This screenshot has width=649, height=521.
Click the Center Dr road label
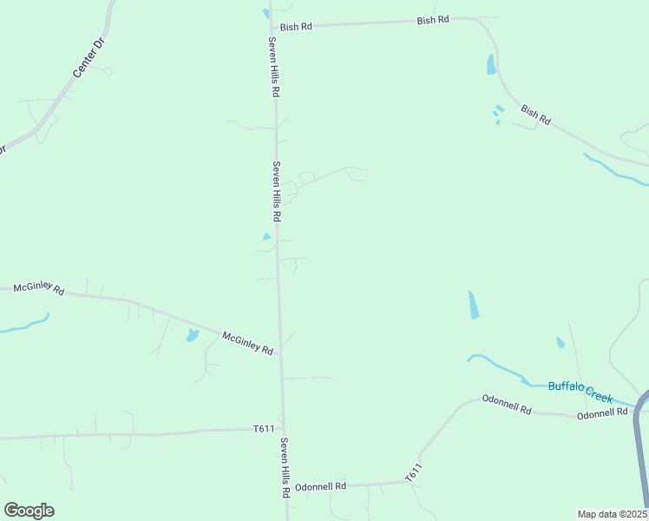click(88, 59)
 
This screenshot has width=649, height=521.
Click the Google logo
click(29, 511)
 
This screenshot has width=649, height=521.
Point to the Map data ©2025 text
click(612, 513)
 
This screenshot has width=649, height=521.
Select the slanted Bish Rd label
click(535, 115)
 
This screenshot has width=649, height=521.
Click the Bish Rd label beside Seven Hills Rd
click(296, 27)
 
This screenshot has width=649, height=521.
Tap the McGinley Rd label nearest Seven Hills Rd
click(247, 343)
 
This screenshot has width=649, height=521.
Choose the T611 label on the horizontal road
click(264, 429)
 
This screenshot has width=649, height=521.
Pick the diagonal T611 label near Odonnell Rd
click(413, 473)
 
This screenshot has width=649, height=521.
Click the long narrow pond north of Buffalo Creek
click(473, 304)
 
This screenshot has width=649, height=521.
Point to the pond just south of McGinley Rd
click(192, 335)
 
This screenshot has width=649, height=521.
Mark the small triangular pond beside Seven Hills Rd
click(267, 236)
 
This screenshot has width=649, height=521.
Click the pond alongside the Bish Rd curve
click(492, 63)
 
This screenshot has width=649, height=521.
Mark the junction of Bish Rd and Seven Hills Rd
click(272, 28)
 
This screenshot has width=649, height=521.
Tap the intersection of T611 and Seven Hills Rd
click(282, 428)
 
